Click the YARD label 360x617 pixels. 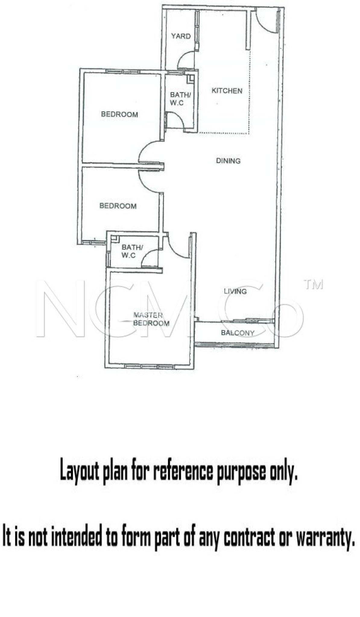tap(181, 36)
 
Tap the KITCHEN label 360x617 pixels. tap(227, 91)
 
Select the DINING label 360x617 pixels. tap(228, 161)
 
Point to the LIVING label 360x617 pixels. tap(235, 291)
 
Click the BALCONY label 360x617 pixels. tap(238, 333)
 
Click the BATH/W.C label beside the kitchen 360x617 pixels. tap(180, 99)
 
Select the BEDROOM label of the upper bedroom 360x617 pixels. tap(119, 114)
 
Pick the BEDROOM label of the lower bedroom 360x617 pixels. tap(118, 206)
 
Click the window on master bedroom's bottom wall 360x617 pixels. tap(149, 366)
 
